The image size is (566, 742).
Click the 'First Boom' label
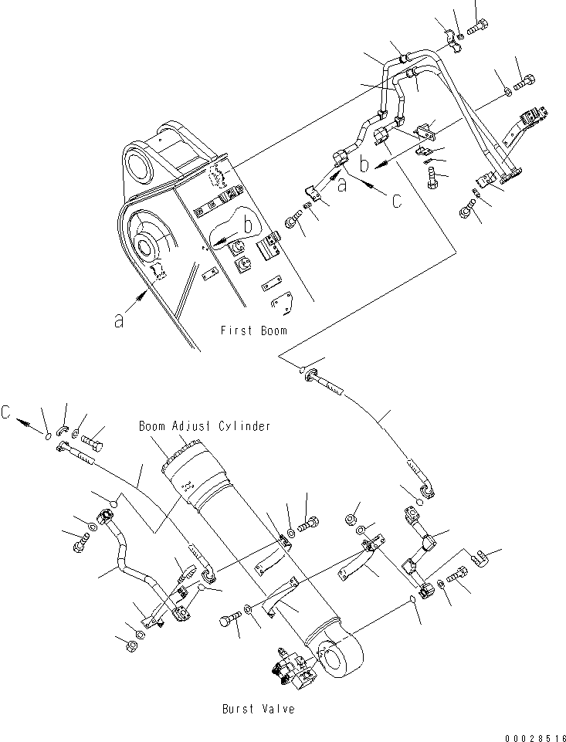(x=253, y=330)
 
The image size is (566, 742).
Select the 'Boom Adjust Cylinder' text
(x=205, y=426)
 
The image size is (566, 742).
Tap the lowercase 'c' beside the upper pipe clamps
(x=396, y=201)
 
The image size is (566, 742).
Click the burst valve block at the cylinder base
(x=293, y=666)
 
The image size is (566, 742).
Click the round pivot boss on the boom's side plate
(x=147, y=248)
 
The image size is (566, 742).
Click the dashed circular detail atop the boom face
(x=219, y=177)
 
